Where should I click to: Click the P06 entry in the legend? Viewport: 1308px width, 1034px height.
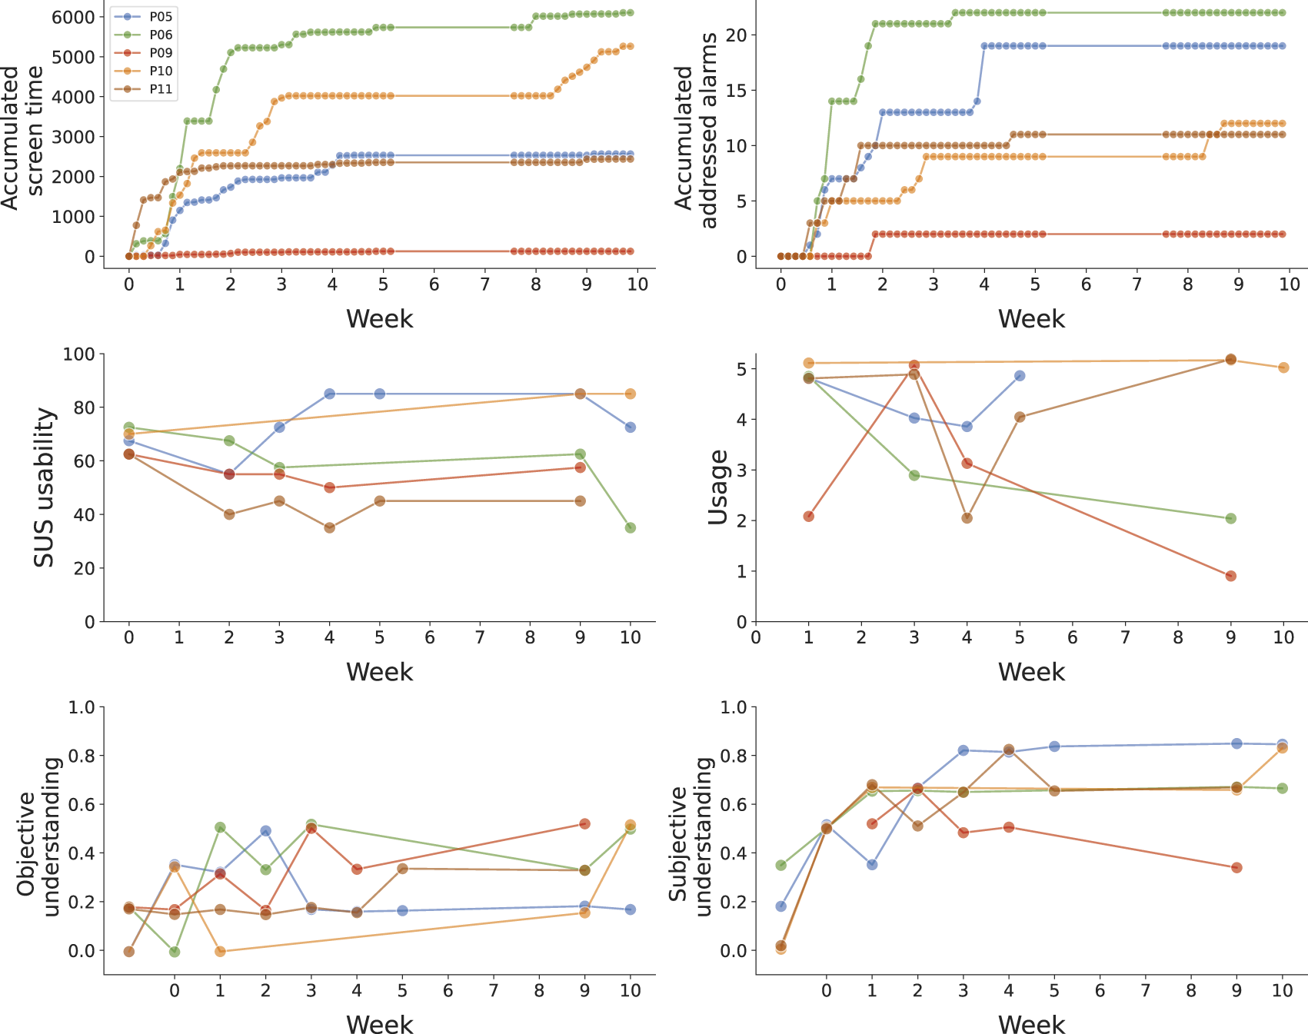[x=161, y=35]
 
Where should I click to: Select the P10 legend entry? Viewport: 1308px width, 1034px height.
[x=161, y=71]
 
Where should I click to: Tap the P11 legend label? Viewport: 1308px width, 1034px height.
[x=161, y=89]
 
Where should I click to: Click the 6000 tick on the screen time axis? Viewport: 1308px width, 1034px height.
[x=73, y=17]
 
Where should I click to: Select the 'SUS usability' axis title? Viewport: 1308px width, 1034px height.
[x=45, y=487]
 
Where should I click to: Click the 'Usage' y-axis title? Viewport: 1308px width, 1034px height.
[x=718, y=487]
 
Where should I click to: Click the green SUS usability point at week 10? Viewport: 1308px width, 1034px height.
[x=631, y=527]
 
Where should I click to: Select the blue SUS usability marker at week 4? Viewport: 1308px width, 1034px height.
[x=330, y=394]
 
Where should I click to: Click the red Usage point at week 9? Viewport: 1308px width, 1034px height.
[x=1230, y=576]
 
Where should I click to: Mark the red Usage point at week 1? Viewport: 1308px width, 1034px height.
[x=808, y=516]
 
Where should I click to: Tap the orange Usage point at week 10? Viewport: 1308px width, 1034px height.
[x=1283, y=367]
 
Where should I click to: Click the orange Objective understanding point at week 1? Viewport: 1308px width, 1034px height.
[x=221, y=951]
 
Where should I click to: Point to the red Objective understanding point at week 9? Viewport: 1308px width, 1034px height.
[x=584, y=823]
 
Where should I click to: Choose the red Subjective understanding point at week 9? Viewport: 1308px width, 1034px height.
[x=1236, y=867]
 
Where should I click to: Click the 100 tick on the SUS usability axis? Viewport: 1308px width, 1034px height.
[x=80, y=354]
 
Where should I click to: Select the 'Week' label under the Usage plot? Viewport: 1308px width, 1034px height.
[x=1031, y=672]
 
